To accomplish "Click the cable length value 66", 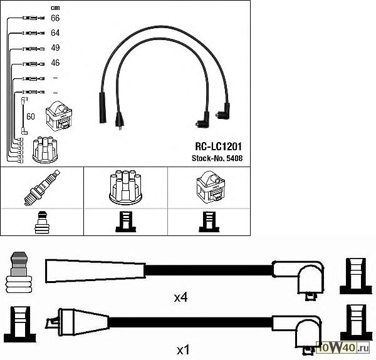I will (55, 19).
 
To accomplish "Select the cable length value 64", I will (55, 33).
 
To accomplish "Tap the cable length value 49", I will (55, 48).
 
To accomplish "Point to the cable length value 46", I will (55, 63).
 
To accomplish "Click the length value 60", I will (30, 117).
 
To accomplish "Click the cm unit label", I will (55, 7).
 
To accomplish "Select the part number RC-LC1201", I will (219, 146).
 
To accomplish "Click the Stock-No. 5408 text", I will (216, 158).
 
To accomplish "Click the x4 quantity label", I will (180, 297).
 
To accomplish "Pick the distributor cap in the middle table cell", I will (125, 186).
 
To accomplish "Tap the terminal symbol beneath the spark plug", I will (41, 222).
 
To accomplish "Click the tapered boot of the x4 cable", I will (94, 271).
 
